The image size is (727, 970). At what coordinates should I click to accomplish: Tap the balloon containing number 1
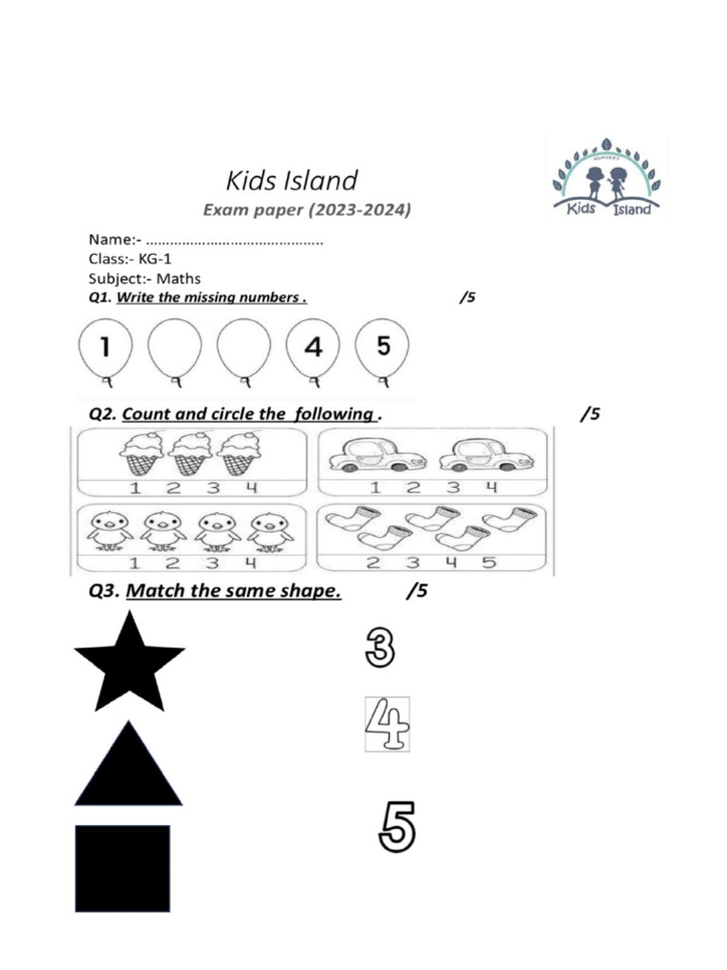click(104, 348)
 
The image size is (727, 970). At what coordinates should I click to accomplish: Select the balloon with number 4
click(313, 348)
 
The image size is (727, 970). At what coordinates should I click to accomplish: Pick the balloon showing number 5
click(382, 347)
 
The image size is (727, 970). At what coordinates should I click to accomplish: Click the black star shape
click(129, 663)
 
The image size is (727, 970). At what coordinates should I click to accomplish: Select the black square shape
click(122, 868)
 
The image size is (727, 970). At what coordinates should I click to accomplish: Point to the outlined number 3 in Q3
click(379, 649)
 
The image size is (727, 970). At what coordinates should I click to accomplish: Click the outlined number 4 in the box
click(387, 726)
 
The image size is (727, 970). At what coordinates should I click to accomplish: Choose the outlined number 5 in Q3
click(397, 827)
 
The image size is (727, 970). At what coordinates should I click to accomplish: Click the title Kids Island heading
click(292, 180)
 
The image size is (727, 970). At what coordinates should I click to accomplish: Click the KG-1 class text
click(155, 259)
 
